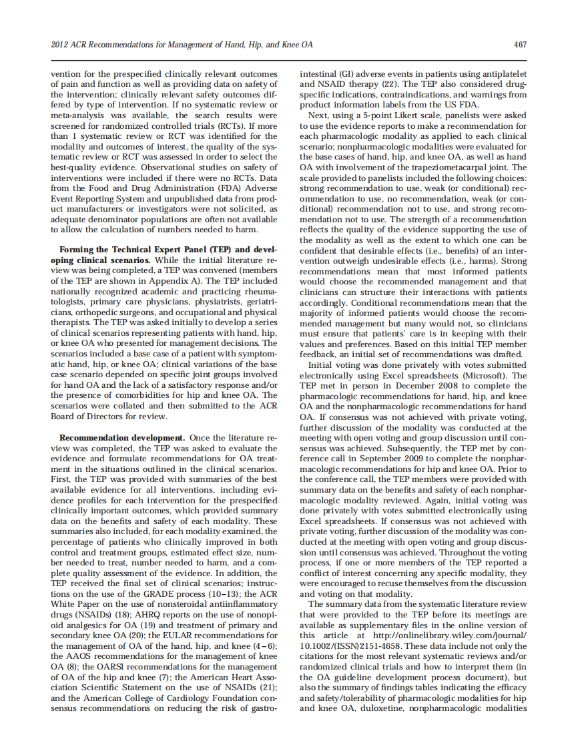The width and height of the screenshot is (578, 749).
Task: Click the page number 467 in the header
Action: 521,45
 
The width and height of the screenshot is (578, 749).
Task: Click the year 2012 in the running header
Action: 61,45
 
